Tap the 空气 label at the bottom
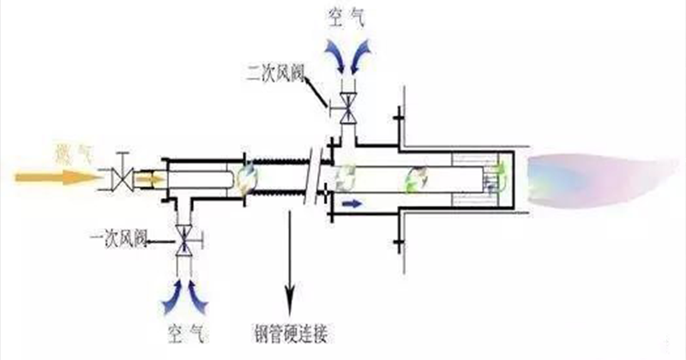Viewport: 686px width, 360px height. (184, 331)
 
